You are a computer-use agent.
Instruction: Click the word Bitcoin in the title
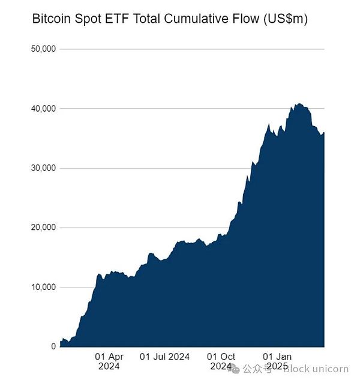pyautogui.click(x=50, y=19)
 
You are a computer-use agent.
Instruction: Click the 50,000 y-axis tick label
pyautogui.click(x=43, y=49)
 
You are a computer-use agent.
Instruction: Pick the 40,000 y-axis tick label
pyautogui.click(x=43, y=109)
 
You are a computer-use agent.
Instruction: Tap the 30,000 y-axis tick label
pyautogui.click(x=43, y=168)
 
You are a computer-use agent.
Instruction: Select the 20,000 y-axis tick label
pyautogui.click(x=43, y=228)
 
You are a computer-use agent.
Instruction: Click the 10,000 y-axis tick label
pyautogui.click(x=43, y=287)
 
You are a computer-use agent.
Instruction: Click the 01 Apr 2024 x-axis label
pyautogui.click(x=109, y=361)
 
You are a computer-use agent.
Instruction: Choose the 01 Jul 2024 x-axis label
pyautogui.click(x=164, y=357)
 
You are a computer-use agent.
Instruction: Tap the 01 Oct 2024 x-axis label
pyautogui.click(x=221, y=361)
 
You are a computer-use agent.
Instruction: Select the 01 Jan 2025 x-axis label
pyautogui.click(x=277, y=361)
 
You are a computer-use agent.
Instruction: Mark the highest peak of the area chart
pyautogui.click(x=299, y=104)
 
